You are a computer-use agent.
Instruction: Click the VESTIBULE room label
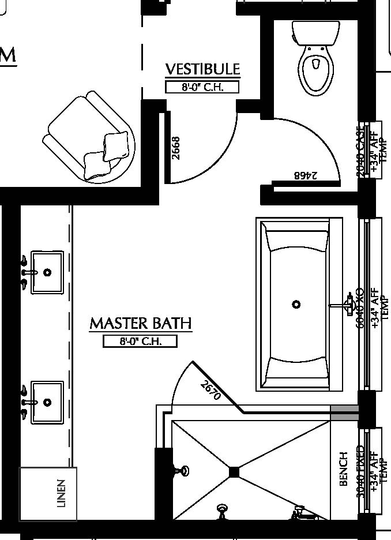click(x=202, y=69)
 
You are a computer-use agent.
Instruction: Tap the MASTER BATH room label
click(x=140, y=323)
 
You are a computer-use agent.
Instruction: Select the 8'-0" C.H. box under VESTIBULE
click(x=202, y=87)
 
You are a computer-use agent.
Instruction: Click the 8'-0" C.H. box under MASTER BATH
click(x=140, y=341)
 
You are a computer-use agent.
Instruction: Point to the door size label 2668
click(x=176, y=148)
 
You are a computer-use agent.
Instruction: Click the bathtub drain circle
click(x=296, y=304)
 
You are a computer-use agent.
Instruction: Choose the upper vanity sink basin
click(x=47, y=272)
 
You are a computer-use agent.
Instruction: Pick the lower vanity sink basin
click(x=47, y=402)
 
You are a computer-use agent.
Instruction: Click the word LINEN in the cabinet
click(x=62, y=493)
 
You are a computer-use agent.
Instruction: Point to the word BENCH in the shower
click(x=344, y=468)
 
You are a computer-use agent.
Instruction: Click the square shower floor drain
click(x=234, y=472)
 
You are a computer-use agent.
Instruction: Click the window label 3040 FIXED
click(x=361, y=471)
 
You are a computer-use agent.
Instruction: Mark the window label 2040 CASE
click(x=362, y=151)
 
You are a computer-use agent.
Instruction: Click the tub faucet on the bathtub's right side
click(x=346, y=303)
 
